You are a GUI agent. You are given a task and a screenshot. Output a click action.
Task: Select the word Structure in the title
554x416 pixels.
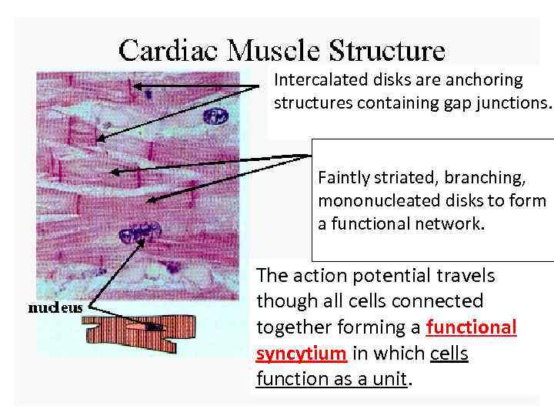387,51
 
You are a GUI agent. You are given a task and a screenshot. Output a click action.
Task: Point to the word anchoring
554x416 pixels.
483,80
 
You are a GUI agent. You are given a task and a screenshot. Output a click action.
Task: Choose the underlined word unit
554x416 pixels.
389,380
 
